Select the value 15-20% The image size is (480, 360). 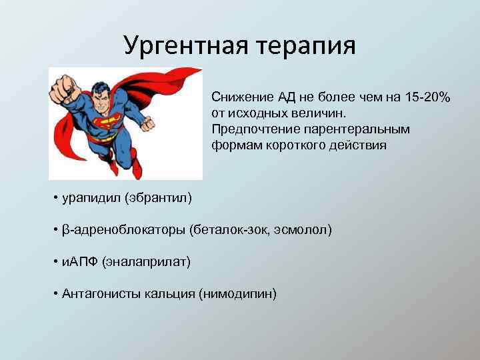click(x=427, y=97)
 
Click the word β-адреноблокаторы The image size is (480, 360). click(x=124, y=230)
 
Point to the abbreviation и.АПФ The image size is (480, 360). click(x=79, y=262)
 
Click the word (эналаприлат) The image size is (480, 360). click(x=146, y=262)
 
